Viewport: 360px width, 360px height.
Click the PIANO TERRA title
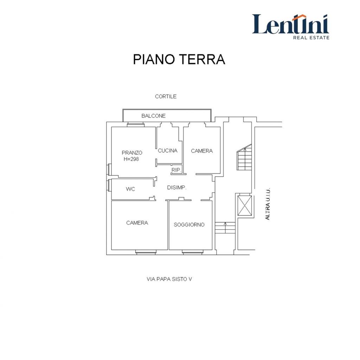click(x=179, y=59)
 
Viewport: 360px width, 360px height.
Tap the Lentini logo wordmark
click(x=291, y=24)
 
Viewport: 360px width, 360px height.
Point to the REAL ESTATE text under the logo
click(x=311, y=37)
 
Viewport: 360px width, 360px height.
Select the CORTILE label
click(x=166, y=96)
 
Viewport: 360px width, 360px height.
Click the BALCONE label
click(x=153, y=116)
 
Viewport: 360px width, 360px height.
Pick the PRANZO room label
click(x=132, y=153)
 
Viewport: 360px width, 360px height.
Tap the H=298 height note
click(x=131, y=159)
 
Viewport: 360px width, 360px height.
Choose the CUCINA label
click(x=168, y=150)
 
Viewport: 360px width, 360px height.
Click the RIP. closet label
click(x=176, y=170)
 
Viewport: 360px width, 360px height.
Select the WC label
click(x=130, y=189)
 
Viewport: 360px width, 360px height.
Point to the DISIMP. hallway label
click(x=176, y=188)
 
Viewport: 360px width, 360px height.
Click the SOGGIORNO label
click(x=189, y=225)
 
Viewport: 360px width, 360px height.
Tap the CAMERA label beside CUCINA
click(x=202, y=151)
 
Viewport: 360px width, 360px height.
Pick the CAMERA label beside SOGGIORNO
click(x=137, y=223)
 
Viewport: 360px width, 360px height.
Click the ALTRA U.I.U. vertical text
click(x=268, y=204)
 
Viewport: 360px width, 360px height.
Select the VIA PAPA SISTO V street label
click(x=169, y=279)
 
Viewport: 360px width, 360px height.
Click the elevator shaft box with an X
click(x=245, y=205)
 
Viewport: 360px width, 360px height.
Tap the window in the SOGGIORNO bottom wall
click(x=192, y=252)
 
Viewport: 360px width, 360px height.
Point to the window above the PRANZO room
click(x=136, y=124)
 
